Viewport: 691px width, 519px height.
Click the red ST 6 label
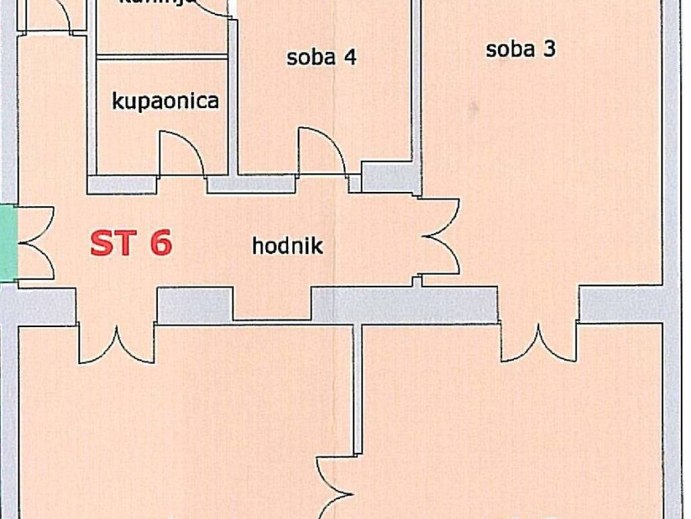131,243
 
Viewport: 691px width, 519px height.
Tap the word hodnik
287,245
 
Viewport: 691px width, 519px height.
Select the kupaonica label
165,101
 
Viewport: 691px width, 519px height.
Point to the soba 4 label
321,57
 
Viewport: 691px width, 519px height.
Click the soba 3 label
520,49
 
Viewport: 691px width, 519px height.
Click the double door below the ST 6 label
117,345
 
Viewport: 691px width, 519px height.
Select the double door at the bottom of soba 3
538,343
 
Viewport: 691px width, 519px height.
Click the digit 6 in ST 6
161,243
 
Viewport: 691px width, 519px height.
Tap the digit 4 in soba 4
350,57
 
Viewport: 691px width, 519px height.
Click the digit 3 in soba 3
549,49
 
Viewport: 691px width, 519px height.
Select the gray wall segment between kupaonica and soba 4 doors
250,183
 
